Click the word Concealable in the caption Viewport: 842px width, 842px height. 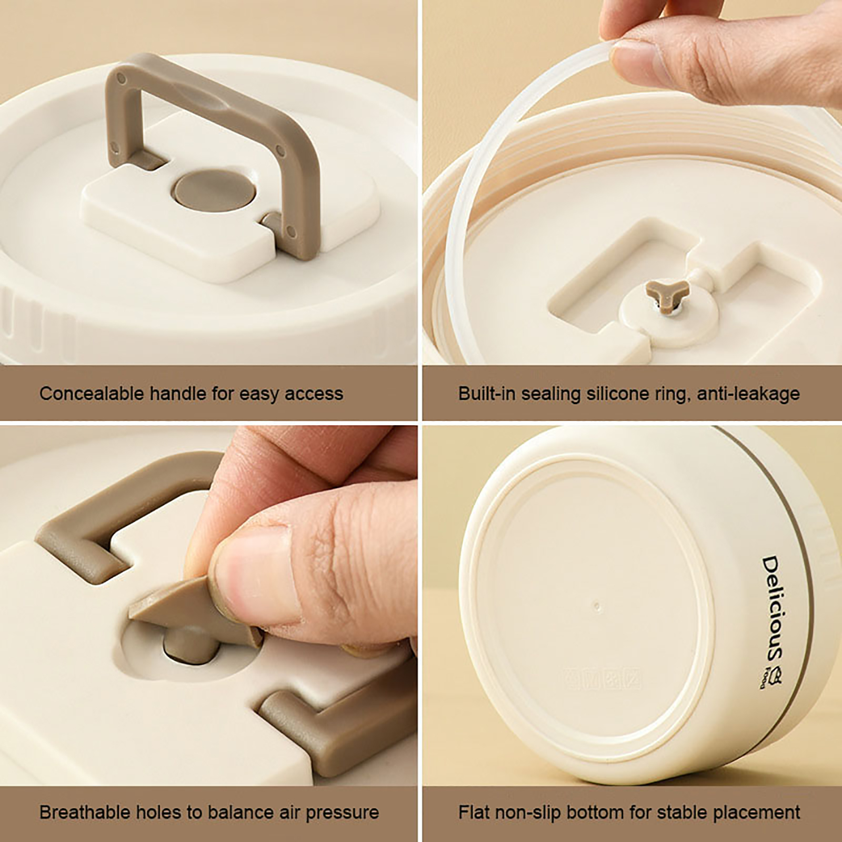pyautogui.click(x=92, y=393)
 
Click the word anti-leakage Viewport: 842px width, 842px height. pyautogui.click(x=748, y=394)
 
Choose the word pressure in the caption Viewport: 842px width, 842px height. pyautogui.click(x=342, y=813)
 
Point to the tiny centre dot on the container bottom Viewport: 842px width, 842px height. pyautogui.click(x=596, y=605)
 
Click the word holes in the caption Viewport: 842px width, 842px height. pyautogui.click(x=160, y=812)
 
